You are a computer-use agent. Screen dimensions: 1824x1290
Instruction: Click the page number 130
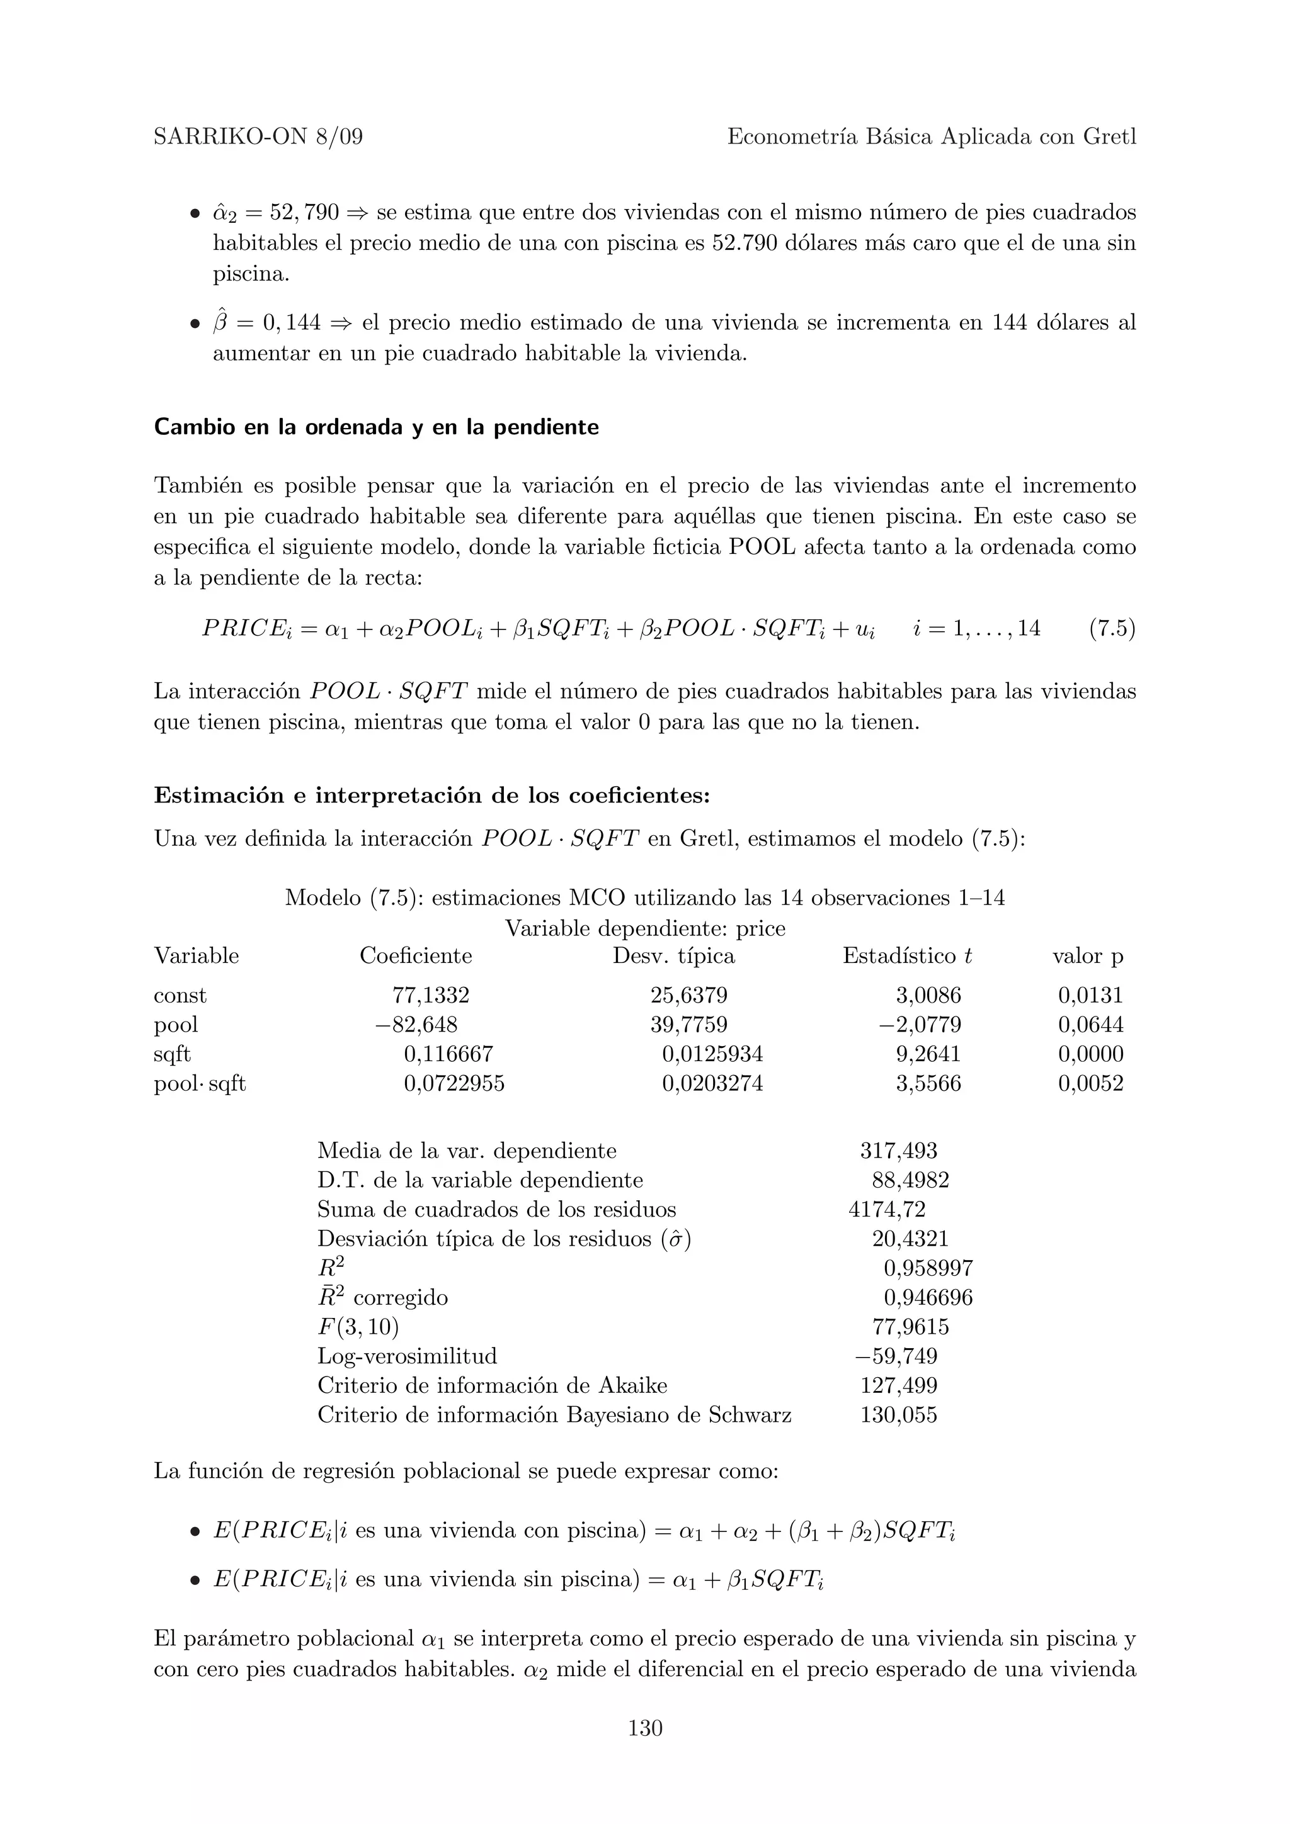(x=644, y=1727)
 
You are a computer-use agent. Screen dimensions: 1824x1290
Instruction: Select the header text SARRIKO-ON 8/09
(x=258, y=137)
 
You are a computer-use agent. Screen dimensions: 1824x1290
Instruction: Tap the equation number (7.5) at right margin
(x=1112, y=628)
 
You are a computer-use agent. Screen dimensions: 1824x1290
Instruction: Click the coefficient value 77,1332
(x=431, y=996)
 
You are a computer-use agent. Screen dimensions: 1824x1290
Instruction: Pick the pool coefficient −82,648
(x=416, y=1025)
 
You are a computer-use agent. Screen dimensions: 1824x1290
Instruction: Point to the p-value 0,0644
(x=1090, y=1025)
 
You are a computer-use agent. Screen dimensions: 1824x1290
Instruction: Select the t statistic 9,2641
(x=928, y=1054)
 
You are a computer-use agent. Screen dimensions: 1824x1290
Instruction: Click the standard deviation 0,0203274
(x=712, y=1084)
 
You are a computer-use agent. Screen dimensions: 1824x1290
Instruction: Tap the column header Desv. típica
(x=673, y=955)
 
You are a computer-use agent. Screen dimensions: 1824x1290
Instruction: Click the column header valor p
(x=1087, y=955)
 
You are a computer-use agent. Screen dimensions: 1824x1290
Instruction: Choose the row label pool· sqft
(x=200, y=1084)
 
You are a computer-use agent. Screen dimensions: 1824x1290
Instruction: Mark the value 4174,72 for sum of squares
(x=886, y=1210)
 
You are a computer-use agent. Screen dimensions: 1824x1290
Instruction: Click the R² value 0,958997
(x=928, y=1269)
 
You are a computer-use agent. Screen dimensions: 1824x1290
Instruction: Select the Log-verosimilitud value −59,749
(x=896, y=1356)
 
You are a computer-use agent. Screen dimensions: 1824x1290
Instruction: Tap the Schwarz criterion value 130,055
(x=898, y=1415)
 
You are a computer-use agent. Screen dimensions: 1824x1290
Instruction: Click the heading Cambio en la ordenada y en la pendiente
(x=376, y=427)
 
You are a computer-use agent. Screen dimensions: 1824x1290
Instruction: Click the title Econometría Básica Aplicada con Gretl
(x=932, y=137)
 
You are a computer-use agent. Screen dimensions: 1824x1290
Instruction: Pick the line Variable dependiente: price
(x=644, y=928)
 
